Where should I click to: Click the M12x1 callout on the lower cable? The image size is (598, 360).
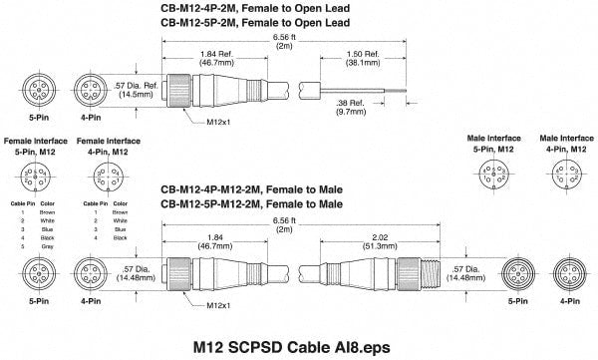201,305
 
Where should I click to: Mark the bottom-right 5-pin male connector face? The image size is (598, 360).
515,272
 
